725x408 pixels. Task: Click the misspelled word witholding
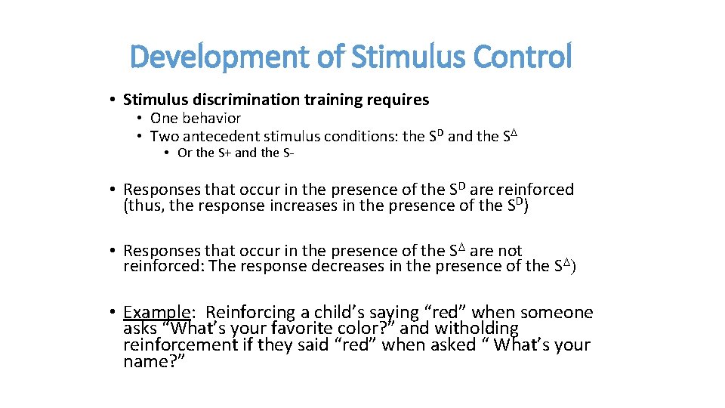click(475, 329)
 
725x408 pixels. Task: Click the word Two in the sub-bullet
click(162, 137)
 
